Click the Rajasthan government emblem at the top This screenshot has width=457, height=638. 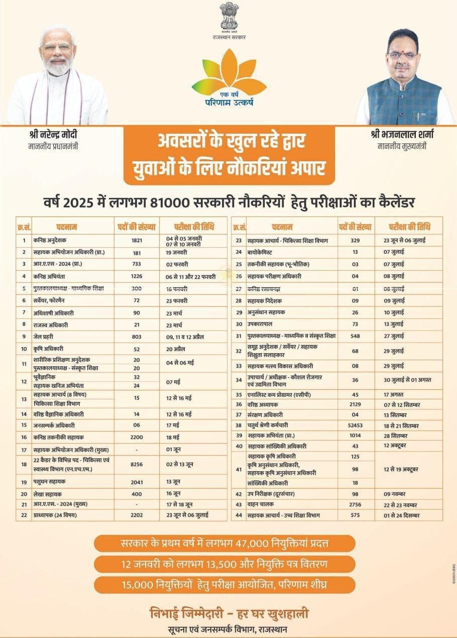click(x=229, y=17)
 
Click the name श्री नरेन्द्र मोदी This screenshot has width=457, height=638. click(x=53, y=135)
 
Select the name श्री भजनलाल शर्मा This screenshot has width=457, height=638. click(x=403, y=135)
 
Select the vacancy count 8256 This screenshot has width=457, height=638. click(x=137, y=465)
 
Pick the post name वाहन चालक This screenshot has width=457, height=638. click(x=262, y=504)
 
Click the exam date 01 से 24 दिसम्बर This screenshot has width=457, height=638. click(x=401, y=515)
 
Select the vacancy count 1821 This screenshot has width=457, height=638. click(x=137, y=240)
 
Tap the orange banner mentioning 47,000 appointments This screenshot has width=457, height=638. click(x=224, y=544)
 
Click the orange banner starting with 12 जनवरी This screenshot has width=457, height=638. click(x=224, y=564)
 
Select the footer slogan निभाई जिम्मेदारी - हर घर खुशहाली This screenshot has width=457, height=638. click(x=228, y=614)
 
